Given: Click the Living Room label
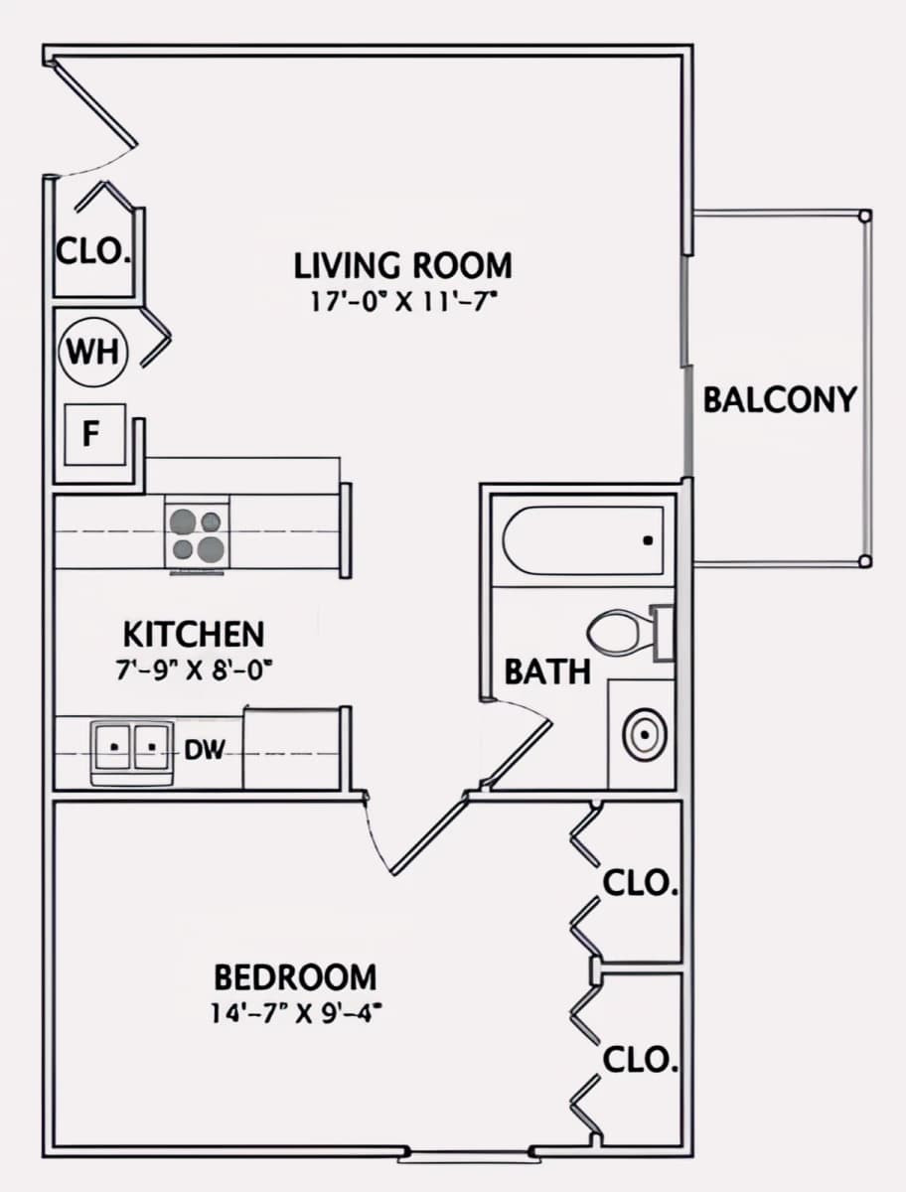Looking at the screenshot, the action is click(402, 265).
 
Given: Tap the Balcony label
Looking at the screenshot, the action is click(780, 399).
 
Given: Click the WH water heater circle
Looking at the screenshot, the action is click(92, 352).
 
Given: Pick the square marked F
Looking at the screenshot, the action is click(95, 434).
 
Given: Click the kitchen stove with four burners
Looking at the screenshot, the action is click(197, 534).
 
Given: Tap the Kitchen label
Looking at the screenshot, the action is click(194, 634).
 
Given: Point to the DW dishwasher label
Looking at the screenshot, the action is click(204, 750).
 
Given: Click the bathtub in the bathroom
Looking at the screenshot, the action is click(583, 540).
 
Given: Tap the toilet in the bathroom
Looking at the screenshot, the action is click(630, 633).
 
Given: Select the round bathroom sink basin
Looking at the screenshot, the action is click(645, 734).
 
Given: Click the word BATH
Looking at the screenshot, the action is click(547, 671).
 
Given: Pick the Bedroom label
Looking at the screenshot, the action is click(295, 977).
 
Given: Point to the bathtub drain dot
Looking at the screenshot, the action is click(647, 540).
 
